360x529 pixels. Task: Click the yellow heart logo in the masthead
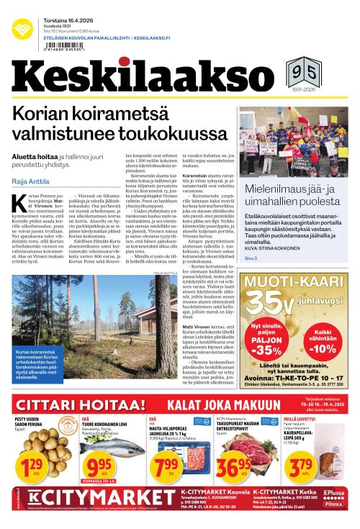[22, 27]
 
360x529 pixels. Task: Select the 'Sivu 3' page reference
[251, 258]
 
